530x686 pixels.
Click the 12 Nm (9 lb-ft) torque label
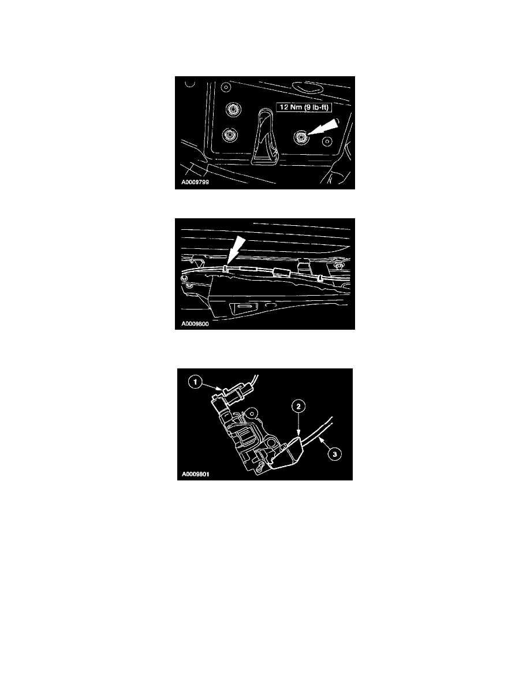click(304, 107)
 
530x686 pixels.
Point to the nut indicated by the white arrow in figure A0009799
click(301, 137)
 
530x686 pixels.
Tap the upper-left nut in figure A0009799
click(232, 109)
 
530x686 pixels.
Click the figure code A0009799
click(195, 182)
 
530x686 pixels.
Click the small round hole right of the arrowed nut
click(326, 141)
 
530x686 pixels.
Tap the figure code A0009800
click(195, 324)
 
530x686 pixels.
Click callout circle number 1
click(195, 382)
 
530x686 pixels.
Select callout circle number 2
click(298, 407)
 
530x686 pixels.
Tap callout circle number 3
click(334, 454)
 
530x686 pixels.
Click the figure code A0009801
click(196, 474)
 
